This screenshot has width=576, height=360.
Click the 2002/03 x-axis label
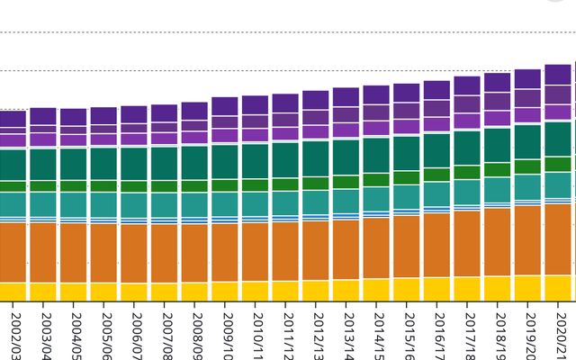13,334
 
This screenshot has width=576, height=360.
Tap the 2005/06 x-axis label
103,334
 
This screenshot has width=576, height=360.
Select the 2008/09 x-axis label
194,334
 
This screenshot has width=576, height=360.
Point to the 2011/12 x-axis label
285,334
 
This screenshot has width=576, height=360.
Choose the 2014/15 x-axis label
376,334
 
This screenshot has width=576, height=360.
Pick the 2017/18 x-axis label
467,334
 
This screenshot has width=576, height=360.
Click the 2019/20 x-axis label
528,334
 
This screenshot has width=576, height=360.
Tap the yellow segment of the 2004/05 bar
73,292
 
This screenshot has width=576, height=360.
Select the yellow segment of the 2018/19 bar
497,288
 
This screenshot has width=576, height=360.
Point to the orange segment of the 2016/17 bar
436,245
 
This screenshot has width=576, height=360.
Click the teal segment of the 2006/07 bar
134,204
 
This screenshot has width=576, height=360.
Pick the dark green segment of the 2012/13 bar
316,158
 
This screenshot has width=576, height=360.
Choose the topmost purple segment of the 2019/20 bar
528,78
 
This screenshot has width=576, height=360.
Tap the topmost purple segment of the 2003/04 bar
43,116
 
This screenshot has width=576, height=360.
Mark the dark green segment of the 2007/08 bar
164,163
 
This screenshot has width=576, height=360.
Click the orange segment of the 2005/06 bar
103,253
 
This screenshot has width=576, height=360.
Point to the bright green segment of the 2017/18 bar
467,172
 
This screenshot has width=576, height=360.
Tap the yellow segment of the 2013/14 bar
346,290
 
